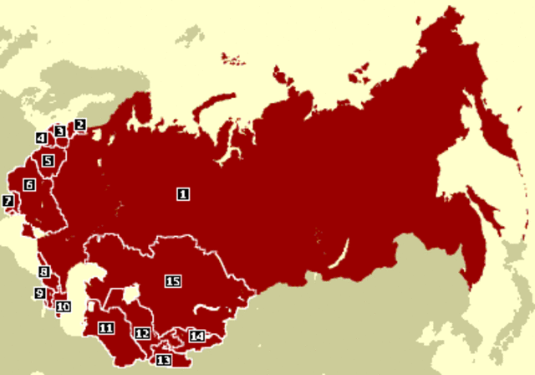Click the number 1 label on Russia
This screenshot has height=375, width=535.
[x=183, y=193]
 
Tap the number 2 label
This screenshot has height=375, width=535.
[x=80, y=126]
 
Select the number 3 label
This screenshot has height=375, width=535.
[x=59, y=131]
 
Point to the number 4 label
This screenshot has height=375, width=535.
[x=41, y=138]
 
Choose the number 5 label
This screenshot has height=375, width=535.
[x=48, y=160]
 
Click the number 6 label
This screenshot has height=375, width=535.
[x=29, y=184]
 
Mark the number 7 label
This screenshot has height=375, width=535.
[x=8, y=201]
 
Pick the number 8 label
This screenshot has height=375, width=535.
[x=43, y=272]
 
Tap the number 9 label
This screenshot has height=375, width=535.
[x=39, y=293]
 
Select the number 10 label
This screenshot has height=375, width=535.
[x=63, y=306]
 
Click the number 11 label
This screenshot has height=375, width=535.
[x=105, y=327]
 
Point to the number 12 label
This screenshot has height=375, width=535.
[x=142, y=334]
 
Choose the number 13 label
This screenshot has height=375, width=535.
[x=163, y=360]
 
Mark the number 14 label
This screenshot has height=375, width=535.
[x=196, y=336]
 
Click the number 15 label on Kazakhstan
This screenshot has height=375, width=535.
[x=173, y=281]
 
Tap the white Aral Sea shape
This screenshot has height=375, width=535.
[x=130, y=295]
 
